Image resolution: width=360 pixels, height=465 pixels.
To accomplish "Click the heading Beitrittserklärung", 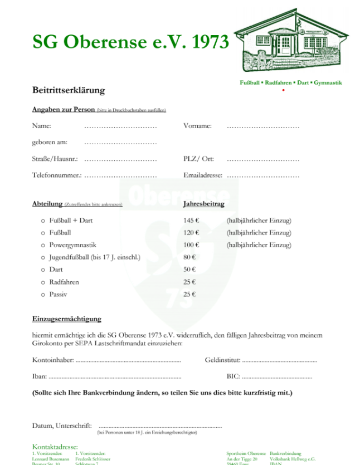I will coord(68,90).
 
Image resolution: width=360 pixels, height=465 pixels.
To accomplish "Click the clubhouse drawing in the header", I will coord(293,40).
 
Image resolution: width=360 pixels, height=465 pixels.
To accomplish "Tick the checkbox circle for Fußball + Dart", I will coord(43,221).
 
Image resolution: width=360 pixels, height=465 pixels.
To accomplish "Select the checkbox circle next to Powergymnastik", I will coord(43,245).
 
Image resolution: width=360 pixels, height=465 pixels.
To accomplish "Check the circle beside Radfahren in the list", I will coord(43,282).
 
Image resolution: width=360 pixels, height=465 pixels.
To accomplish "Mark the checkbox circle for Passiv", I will coord(43,294).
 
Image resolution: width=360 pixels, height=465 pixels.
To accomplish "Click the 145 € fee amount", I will coord(191,221).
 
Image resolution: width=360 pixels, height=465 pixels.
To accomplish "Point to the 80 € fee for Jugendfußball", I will coord(189,257).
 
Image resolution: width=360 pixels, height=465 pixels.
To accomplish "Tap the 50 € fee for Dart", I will coord(189,270).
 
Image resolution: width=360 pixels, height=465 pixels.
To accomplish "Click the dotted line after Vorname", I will coord(263,127).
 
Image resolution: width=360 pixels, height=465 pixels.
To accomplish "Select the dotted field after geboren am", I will coord(120,143).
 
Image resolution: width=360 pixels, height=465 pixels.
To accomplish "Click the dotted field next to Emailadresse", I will coord(263,176).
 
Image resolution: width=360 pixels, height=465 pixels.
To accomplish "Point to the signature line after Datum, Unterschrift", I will coord(159,427).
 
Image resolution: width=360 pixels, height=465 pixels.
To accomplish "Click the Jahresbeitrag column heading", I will coord(203,204).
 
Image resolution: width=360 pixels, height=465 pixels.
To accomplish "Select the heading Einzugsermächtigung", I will coord(66,319).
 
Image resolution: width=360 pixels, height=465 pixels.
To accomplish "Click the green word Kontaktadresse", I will coord(55,447).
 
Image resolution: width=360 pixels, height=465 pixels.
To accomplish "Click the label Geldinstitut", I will coord(221,360).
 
